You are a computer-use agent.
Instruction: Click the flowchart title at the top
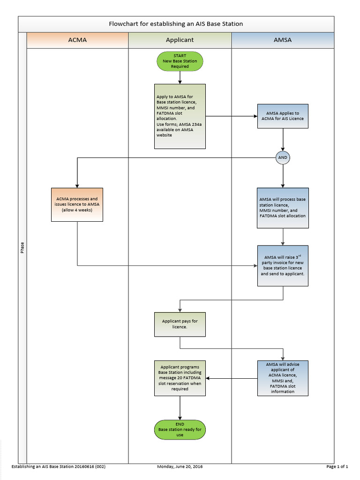click(176, 24)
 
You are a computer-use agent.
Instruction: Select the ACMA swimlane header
click(77, 40)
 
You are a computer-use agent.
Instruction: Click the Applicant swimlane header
click(180, 40)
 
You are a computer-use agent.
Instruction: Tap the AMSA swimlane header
click(283, 40)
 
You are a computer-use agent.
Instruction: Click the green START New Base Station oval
click(180, 61)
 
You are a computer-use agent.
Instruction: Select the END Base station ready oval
click(180, 429)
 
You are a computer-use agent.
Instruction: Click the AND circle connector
click(283, 158)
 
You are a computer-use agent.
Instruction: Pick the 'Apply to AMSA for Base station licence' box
click(180, 116)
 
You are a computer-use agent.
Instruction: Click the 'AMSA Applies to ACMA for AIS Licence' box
click(283, 116)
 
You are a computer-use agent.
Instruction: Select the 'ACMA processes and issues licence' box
click(77, 204)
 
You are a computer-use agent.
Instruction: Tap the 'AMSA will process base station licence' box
click(283, 208)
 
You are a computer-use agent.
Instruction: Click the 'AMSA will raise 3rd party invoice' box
click(283, 265)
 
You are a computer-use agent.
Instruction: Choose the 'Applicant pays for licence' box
click(180, 324)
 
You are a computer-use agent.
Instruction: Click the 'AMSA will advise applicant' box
click(283, 378)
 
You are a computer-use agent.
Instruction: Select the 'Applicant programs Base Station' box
click(180, 378)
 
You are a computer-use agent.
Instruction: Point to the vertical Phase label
click(22, 247)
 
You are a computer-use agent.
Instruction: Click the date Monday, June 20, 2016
click(180, 467)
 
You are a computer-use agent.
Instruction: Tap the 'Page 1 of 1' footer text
click(337, 467)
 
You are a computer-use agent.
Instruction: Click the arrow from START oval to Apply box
click(180, 78)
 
